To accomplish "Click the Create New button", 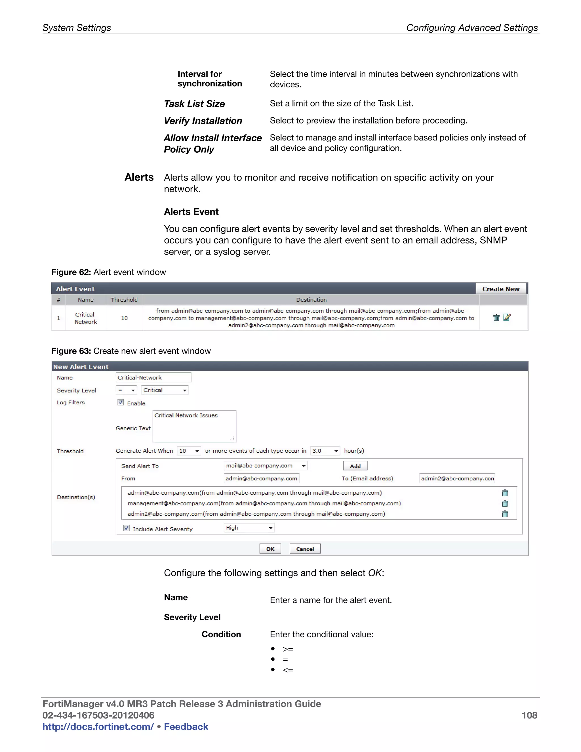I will click(500, 289).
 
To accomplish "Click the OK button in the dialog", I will click(270, 549).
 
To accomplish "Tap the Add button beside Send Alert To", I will click(355, 466).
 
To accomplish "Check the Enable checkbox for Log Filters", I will click(121, 402).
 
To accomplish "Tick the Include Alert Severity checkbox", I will click(127, 528).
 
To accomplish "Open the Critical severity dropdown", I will click(165, 390).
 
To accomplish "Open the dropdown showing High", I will click(249, 528).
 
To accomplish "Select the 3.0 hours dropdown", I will click(325, 451).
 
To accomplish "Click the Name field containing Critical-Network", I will click(153, 377).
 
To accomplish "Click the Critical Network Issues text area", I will click(194, 426).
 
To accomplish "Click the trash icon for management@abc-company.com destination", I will click(505, 503).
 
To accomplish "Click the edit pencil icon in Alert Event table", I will click(507, 318).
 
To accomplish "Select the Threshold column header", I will click(124, 300).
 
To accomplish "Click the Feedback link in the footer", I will click(186, 726).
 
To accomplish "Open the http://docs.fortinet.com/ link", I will click(98, 726).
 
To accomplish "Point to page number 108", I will click(529, 715).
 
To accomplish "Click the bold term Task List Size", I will click(194, 104).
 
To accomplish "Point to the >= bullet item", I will click(288, 649).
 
